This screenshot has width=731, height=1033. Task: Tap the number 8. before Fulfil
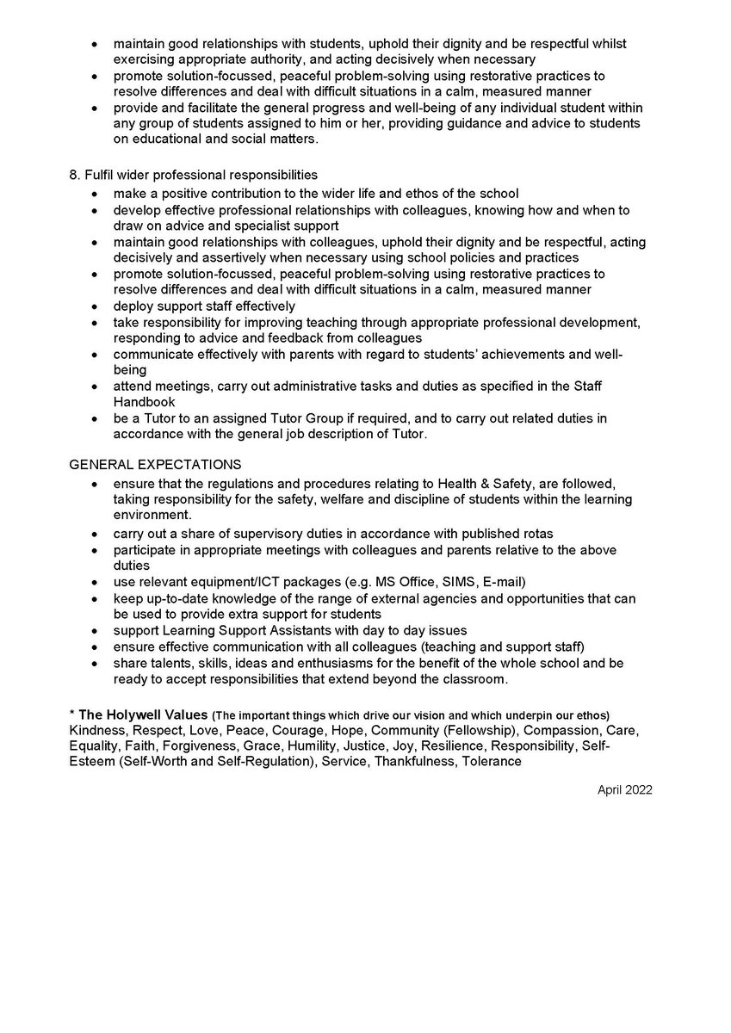point(74,175)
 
